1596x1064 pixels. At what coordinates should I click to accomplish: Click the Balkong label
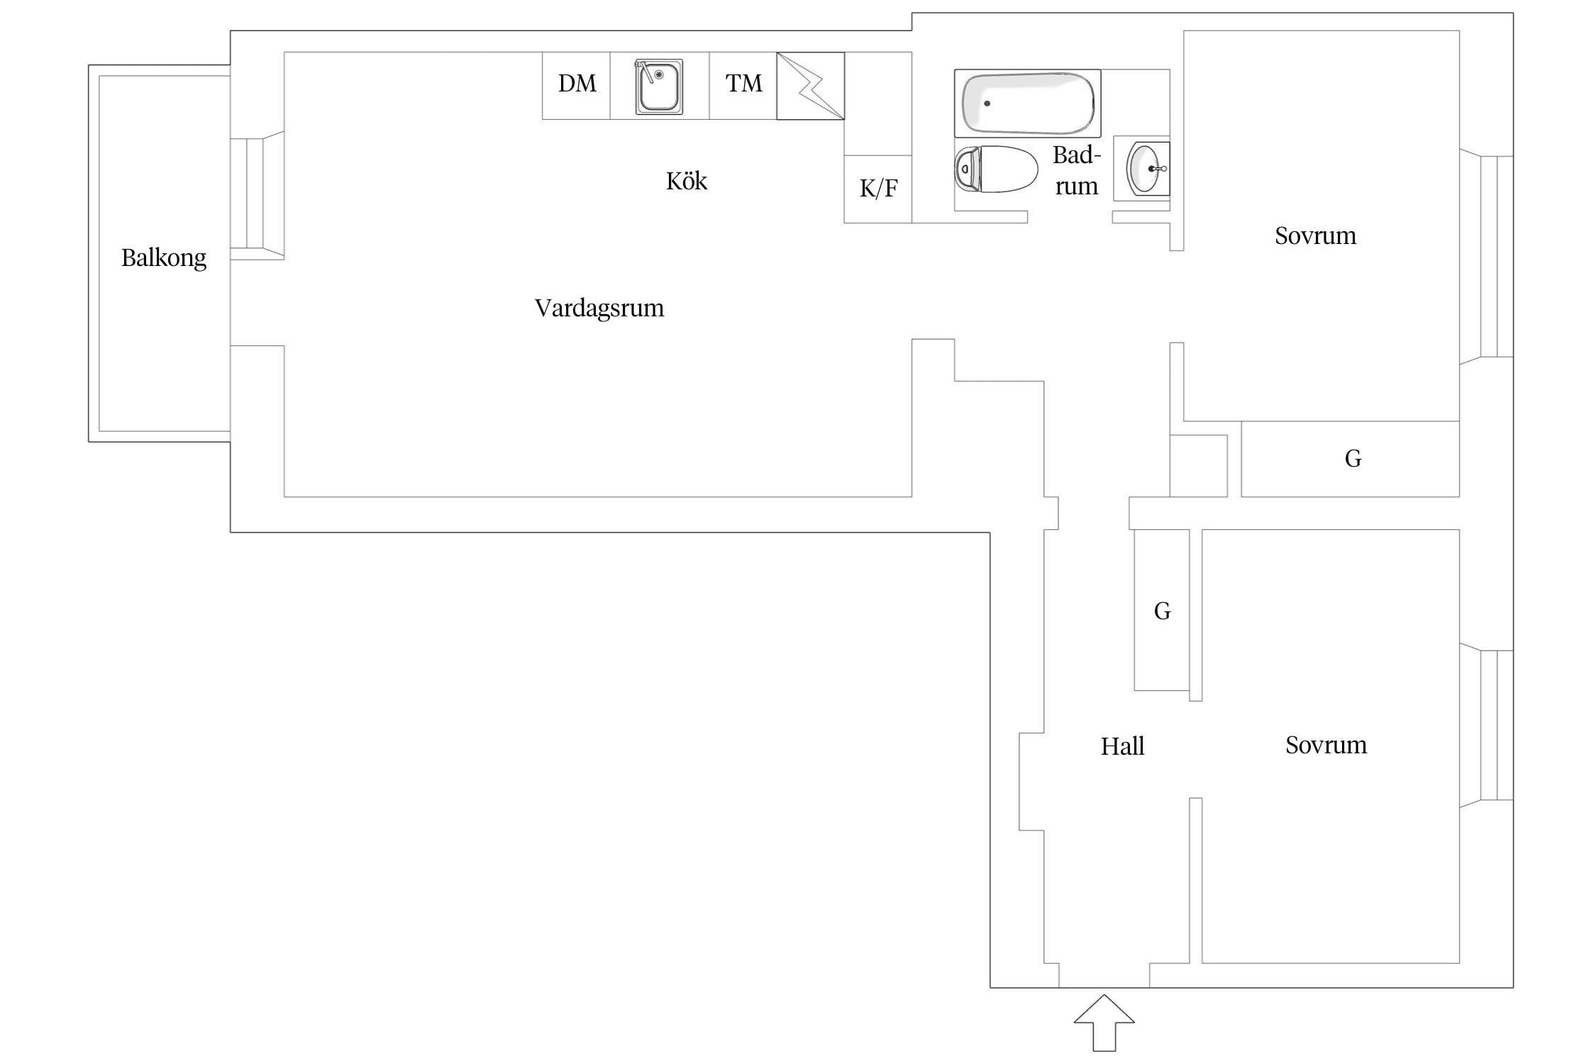pos(164,258)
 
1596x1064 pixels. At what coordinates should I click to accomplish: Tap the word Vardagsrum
pos(599,309)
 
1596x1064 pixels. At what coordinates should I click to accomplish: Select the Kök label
pos(687,181)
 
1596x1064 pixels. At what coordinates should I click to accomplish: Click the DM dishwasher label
pos(577,84)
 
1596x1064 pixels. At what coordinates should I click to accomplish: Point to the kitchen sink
pos(659,87)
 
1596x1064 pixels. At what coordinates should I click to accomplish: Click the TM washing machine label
pos(743,84)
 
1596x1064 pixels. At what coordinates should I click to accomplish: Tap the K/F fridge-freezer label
pos(878,188)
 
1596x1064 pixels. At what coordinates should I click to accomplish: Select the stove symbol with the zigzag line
pos(811,86)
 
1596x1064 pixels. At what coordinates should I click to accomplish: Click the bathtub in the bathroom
pos(1028,104)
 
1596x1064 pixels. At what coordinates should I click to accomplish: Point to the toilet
pos(995,170)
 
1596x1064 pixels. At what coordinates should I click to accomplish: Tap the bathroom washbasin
pos(1146,169)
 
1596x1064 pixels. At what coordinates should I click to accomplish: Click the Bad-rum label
pos(1077,170)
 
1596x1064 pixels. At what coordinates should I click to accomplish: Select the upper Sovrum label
pos(1315,235)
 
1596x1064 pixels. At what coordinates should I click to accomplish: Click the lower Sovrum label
pos(1326,745)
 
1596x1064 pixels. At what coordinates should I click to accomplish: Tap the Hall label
pos(1122,746)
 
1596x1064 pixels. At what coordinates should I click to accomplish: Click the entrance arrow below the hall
pos(1104,1023)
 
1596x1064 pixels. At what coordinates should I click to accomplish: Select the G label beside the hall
pos(1162,611)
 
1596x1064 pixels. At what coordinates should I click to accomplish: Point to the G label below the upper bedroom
pos(1353,458)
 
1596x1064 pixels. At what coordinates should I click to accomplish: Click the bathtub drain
pos(987,104)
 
